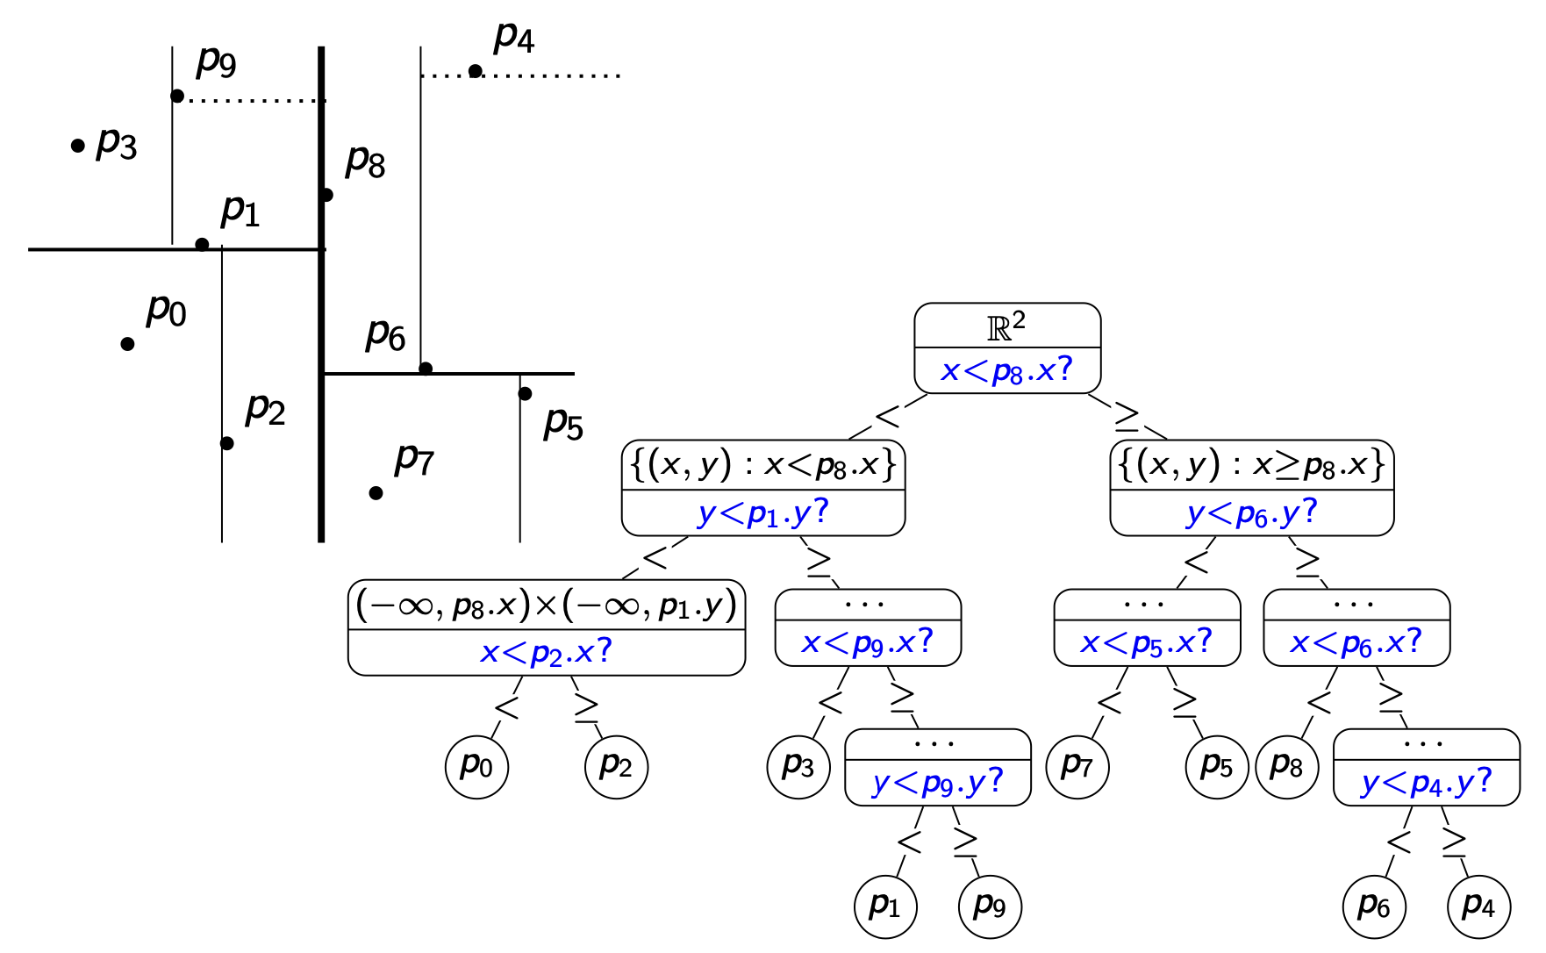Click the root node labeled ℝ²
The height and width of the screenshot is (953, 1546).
[x=1006, y=326]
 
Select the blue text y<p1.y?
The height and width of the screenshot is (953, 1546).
[x=762, y=513]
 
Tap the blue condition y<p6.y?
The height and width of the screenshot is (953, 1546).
[x=1251, y=513]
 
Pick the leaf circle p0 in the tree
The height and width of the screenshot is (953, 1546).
[x=476, y=766]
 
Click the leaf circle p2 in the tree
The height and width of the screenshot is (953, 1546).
[x=616, y=766]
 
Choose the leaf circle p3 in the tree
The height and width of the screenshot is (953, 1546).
[x=798, y=766]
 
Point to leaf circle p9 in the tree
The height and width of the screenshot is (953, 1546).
[x=990, y=906]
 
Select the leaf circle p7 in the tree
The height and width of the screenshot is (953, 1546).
[x=1077, y=766]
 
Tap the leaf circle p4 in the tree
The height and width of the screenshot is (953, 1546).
[x=1478, y=906]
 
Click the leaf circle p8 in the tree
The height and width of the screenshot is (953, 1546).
[x=1286, y=766]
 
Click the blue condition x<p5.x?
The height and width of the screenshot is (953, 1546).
[x=1146, y=643]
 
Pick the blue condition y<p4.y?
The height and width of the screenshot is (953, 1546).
[x=1426, y=782]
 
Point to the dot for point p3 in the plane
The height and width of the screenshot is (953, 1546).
[x=78, y=146]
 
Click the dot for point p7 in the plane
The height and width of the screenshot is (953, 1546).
[x=376, y=492]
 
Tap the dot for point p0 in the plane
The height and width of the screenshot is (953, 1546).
[x=127, y=343]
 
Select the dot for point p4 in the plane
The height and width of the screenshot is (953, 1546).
[x=475, y=71]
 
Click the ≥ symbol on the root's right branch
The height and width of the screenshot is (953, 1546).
[x=1127, y=417]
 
